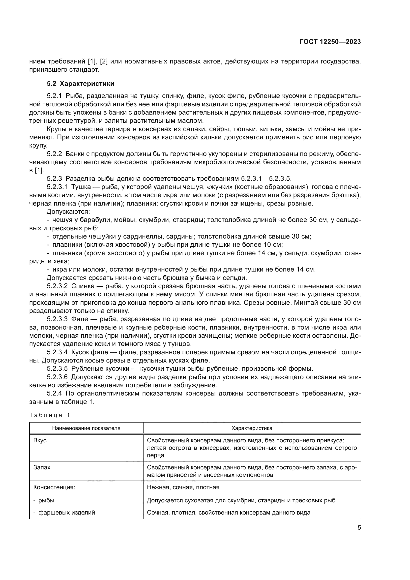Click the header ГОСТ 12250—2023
[330, 42]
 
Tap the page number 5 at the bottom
[359, 528]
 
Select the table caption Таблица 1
[50, 415]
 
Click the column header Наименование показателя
[86, 428]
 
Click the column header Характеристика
[252, 428]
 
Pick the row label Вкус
[40, 440]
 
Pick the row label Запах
[42, 467]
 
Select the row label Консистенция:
[54, 487]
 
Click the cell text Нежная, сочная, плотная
[183, 487]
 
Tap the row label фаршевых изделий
[66, 513]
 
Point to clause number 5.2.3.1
[57, 187]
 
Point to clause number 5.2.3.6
[57, 377]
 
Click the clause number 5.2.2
[54, 154]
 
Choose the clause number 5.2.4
[54, 394]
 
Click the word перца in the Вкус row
[155, 455]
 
